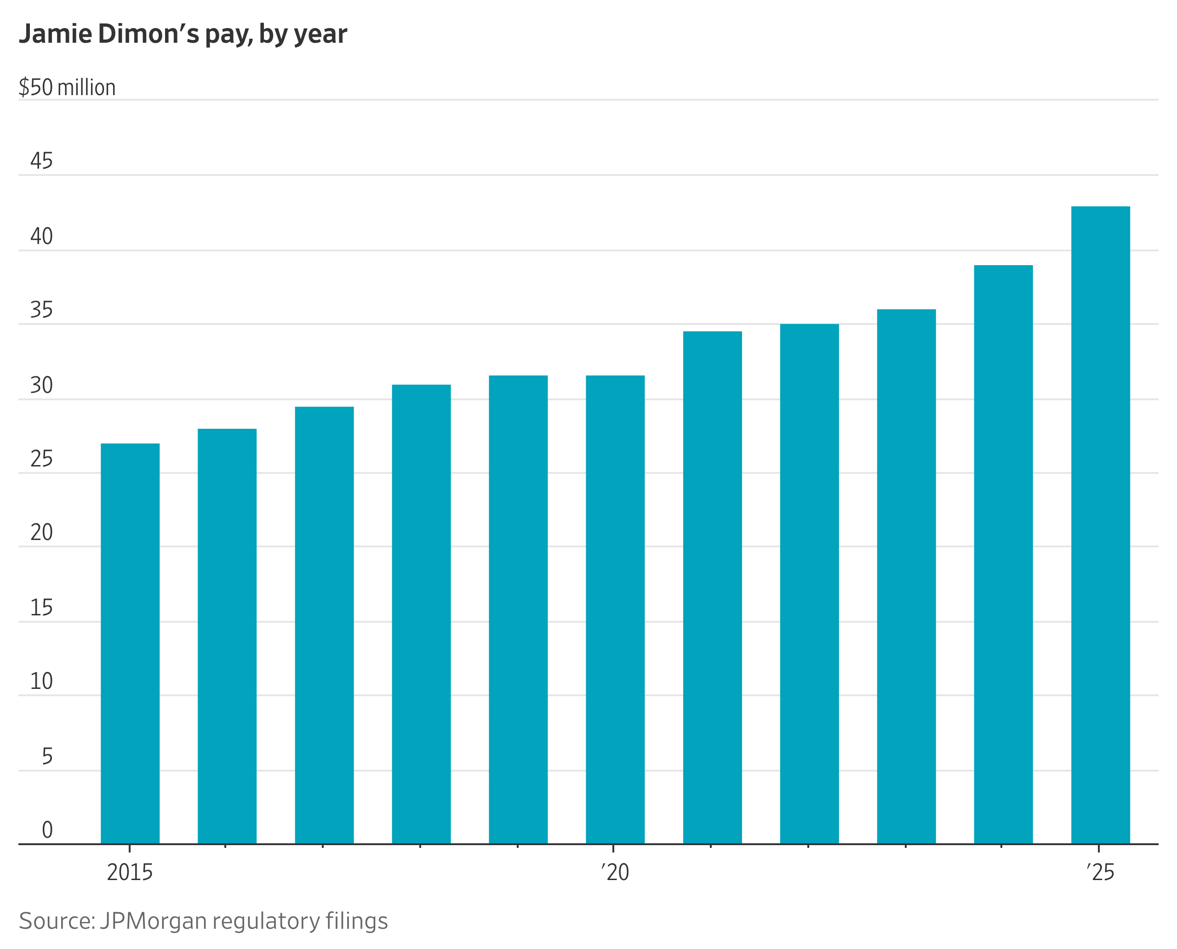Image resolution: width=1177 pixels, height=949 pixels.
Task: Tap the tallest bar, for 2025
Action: (x=1100, y=525)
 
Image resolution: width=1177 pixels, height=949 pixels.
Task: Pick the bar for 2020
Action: (x=615, y=609)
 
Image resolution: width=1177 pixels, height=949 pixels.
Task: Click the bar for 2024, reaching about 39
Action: (x=1003, y=554)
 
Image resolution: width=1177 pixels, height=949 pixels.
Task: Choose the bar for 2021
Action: (x=712, y=588)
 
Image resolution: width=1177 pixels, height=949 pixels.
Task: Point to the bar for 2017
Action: (x=324, y=625)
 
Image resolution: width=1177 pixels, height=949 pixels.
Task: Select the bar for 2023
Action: (x=906, y=577)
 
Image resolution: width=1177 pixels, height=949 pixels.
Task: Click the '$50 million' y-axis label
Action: (x=67, y=87)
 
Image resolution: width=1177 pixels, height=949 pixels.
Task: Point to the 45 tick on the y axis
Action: (x=41, y=161)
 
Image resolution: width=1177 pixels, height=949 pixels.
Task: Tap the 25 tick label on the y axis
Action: (x=41, y=459)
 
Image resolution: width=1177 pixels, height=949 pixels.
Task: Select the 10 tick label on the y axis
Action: (x=41, y=681)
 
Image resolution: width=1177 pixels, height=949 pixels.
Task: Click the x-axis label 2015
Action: (x=130, y=872)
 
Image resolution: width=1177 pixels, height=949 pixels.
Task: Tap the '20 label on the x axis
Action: (x=615, y=872)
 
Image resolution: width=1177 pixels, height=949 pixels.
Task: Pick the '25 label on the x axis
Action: (x=1100, y=872)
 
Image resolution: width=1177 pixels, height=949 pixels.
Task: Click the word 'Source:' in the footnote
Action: (x=57, y=921)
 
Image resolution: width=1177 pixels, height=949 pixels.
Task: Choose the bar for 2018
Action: (x=421, y=614)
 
